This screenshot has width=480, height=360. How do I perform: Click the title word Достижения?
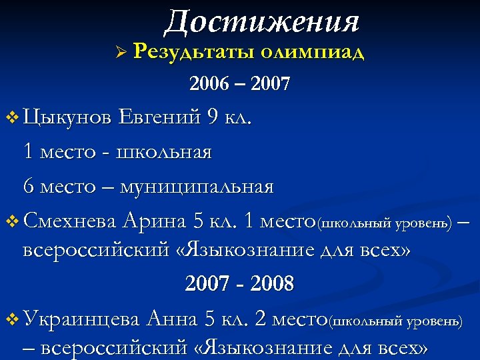point(261,22)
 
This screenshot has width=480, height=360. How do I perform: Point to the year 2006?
point(209,85)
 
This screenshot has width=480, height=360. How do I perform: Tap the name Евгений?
point(160,118)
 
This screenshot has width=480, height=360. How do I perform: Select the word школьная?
point(164,152)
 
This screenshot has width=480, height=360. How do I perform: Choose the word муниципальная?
point(197,186)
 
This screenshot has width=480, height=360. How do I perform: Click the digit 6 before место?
point(29,186)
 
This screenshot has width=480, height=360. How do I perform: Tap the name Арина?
point(157,220)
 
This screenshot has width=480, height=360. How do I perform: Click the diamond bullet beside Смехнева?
point(12,221)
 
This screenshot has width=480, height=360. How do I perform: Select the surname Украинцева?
point(81,319)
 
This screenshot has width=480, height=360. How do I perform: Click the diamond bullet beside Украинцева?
point(12,320)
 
